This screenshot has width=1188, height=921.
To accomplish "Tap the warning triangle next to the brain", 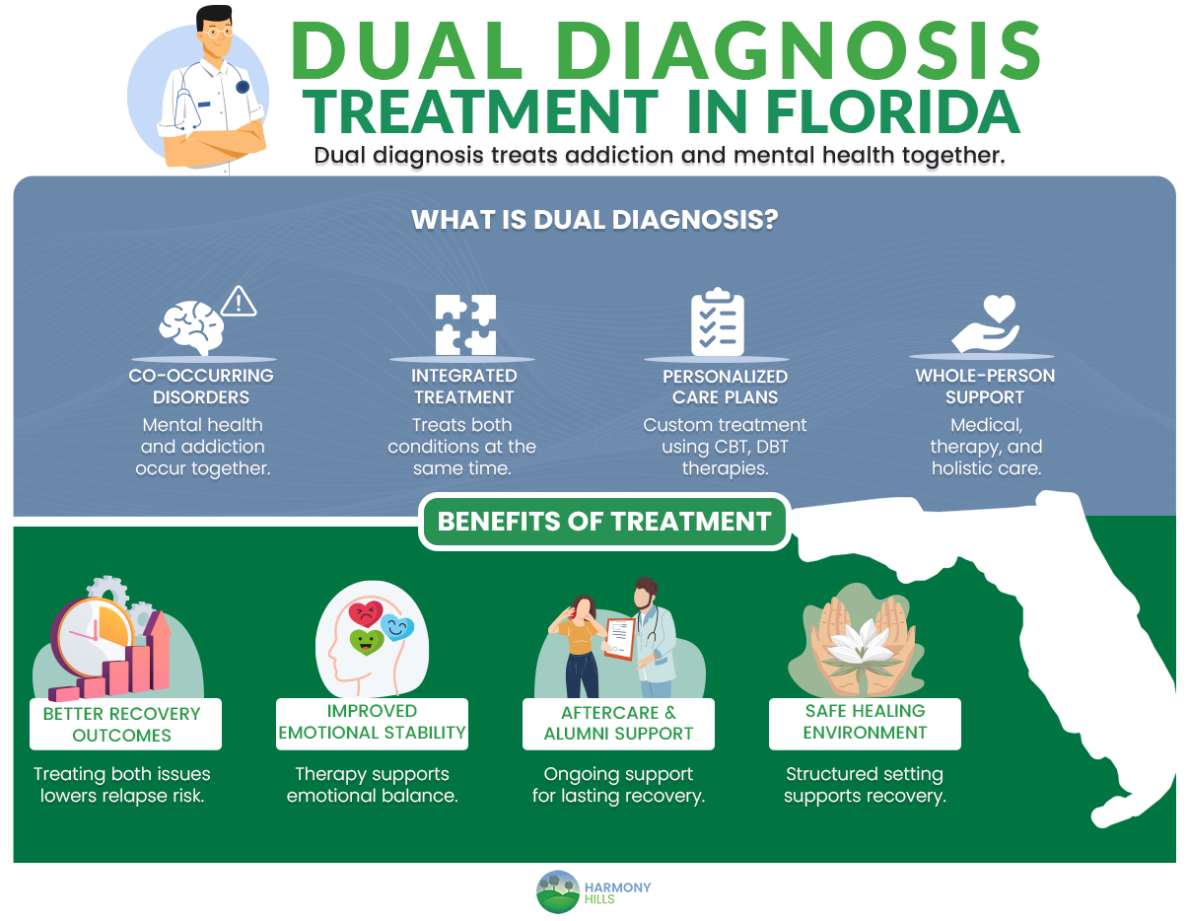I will pyautogui.click(x=239, y=302).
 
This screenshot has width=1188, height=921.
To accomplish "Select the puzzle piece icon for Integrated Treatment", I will pyautogui.click(x=465, y=324).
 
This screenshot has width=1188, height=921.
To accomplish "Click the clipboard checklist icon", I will pyautogui.click(x=717, y=322).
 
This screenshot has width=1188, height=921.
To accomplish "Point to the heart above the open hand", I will pyautogui.click(x=999, y=308).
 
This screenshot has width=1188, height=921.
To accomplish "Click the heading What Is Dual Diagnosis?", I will pyautogui.click(x=594, y=219).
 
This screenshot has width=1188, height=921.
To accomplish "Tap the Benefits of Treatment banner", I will pyautogui.click(x=604, y=521).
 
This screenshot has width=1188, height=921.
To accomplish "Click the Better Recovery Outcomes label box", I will pyautogui.click(x=122, y=724).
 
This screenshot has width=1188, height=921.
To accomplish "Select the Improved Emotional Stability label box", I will pyautogui.click(x=372, y=722).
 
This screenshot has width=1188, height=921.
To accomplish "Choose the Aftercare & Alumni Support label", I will pyautogui.click(x=618, y=723).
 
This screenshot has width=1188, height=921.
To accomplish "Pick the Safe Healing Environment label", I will pyautogui.click(x=865, y=722).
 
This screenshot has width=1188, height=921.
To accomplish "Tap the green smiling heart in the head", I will pyautogui.click(x=366, y=642).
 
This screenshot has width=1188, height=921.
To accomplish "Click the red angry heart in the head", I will pyautogui.click(x=365, y=614).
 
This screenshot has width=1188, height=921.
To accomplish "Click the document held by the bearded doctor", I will pyautogui.click(x=620, y=639).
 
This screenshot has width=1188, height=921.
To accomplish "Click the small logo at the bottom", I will pyautogui.click(x=593, y=891).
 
